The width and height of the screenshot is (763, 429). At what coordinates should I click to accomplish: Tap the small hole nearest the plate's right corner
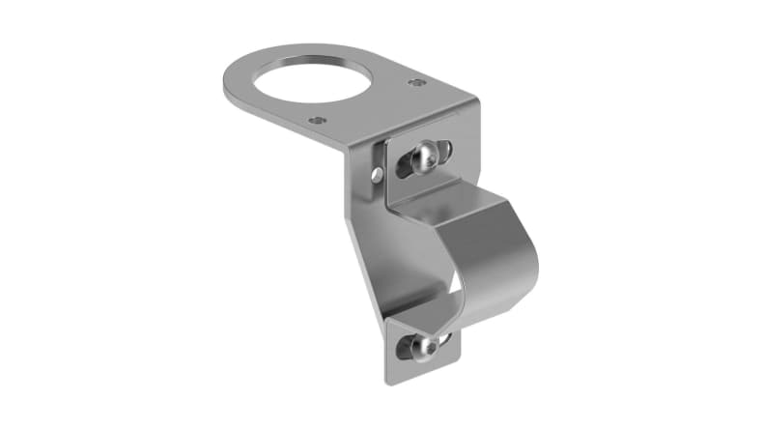[x=416, y=83]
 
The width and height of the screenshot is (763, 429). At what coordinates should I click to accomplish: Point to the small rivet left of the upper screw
[x=377, y=175]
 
